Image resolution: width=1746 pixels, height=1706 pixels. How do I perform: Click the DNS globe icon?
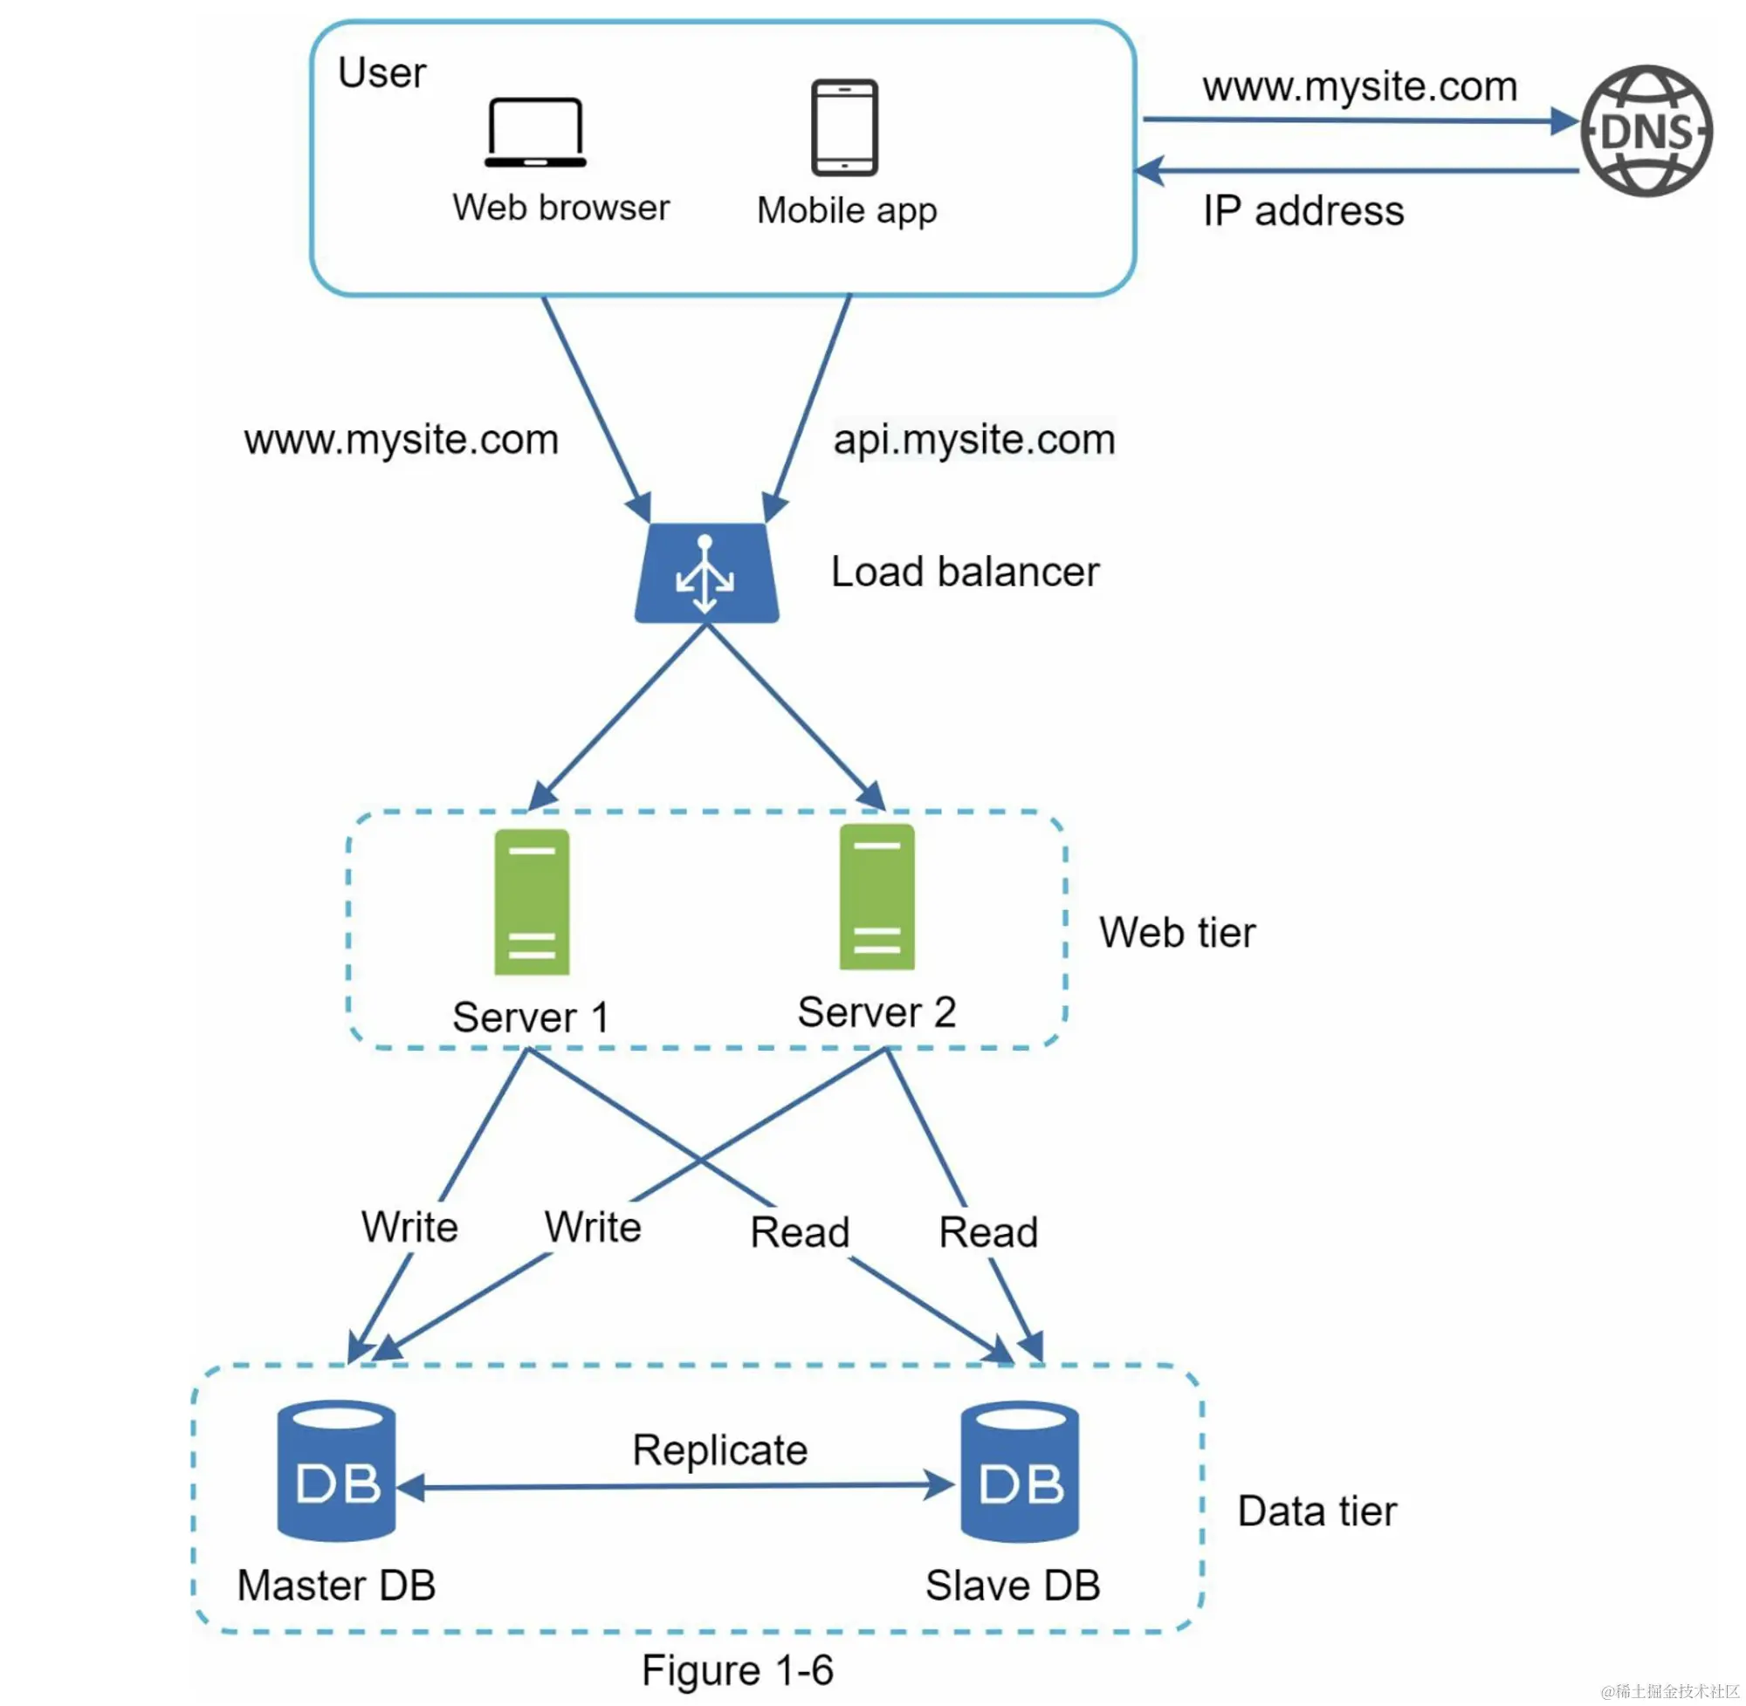(1646, 131)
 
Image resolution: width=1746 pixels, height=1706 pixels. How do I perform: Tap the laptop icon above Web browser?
(535, 133)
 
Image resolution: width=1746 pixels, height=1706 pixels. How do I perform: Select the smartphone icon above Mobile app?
(843, 127)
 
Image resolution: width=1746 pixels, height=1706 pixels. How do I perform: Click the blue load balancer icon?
(706, 573)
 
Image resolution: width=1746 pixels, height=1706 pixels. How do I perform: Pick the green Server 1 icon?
(532, 901)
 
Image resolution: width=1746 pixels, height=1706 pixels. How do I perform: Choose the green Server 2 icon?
(876, 897)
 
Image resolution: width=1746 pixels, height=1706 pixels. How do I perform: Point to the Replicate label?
(719, 1449)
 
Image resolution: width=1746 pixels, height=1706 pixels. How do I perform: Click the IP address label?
(1303, 211)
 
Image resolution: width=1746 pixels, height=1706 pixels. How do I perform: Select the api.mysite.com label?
(973, 439)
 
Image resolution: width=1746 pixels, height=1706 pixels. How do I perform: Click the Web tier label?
(1177, 932)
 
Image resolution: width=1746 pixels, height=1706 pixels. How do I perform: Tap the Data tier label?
(1316, 1511)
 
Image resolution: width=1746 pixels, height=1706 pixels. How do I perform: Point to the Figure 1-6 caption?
(737, 1670)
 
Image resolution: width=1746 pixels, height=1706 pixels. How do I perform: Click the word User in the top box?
(382, 73)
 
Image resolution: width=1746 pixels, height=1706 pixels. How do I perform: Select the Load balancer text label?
(965, 572)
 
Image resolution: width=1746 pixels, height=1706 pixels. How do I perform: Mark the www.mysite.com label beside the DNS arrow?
(1358, 87)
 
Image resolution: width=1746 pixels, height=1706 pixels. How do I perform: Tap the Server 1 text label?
(531, 1017)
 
